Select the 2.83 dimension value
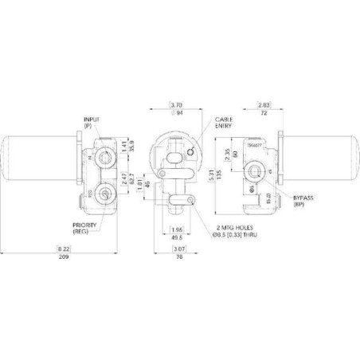264,104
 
